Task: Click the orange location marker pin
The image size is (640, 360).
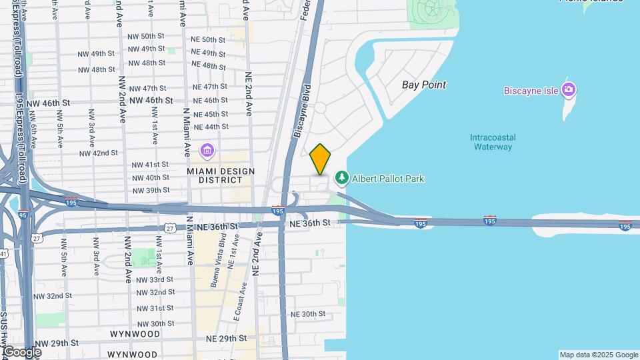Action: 320,159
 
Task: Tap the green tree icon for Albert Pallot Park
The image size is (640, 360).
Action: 341,178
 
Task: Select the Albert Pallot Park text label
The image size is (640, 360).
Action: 388,179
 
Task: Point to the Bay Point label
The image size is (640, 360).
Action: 424,85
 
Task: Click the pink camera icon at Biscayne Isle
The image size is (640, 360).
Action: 569,89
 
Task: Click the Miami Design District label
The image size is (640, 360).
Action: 221,175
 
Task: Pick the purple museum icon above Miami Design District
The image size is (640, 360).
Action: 207,151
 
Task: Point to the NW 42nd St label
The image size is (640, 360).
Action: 98,153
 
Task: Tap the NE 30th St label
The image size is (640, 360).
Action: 308,314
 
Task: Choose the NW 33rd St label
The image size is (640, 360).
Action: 155,280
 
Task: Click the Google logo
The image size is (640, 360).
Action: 22,351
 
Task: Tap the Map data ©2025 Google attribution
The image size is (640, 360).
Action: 598,355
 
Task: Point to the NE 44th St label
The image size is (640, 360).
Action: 209,127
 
